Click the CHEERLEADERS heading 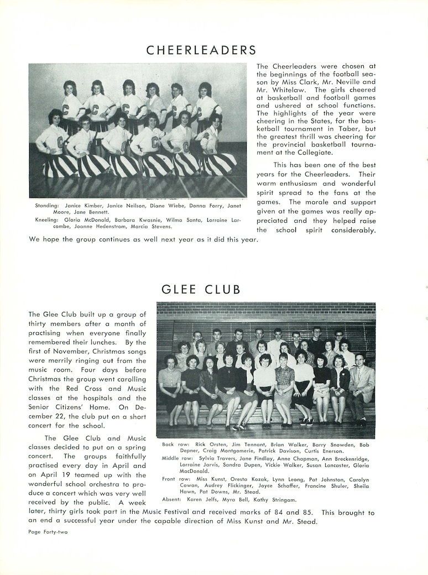(x=201, y=50)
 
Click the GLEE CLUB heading (x=201, y=289)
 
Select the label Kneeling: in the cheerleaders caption (x=46, y=219)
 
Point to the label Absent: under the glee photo (x=171, y=500)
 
